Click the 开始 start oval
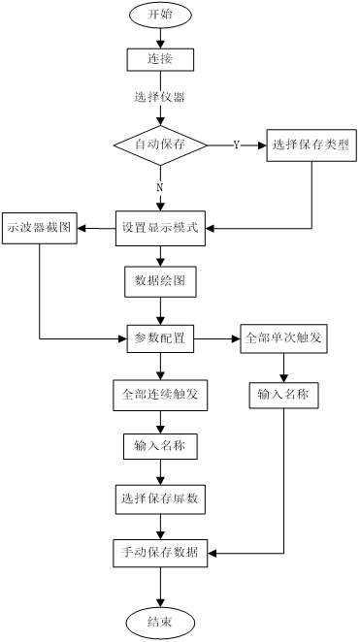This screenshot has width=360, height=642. pyautogui.click(x=160, y=15)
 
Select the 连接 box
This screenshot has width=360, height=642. pyautogui.click(x=160, y=59)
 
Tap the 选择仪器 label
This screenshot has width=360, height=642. pyautogui.click(x=160, y=97)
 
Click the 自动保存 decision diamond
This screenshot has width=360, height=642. pyautogui.click(x=160, y=144)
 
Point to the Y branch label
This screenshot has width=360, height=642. pyautogui.click(x=237, y=144)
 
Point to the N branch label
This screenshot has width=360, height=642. pyautogui.click(x=160, y=187)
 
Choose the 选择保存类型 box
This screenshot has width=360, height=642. pyautogui.click(x=311, y=145)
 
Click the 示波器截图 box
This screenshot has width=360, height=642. pyautogui.click(x=39, y=228)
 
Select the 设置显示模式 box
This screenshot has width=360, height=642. pyautogui.click(x=160, y=228)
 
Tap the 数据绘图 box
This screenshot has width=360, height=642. pyautogui.click(x=160, y=282)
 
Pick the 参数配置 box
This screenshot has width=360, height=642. pyautogui.click(x=160, y=338)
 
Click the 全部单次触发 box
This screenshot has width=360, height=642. pyautogui.click(x=283, y=338)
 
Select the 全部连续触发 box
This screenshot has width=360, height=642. pyautogui.click(x=160, y=395)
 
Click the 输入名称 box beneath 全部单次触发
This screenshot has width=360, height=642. pyautogui.click(x=283, y=395)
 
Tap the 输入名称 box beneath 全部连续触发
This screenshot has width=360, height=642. pyautogui.click(x=160, y=446)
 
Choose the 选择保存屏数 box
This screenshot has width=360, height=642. pyautogui.click(x=160, y=499)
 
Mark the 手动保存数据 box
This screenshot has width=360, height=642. pyautogui.click(x=160, y=553)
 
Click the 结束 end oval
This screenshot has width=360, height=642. pyautogui.click(x=160, y=623)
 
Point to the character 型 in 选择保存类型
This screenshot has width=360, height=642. pyautogui.click(x=344, y=145)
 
